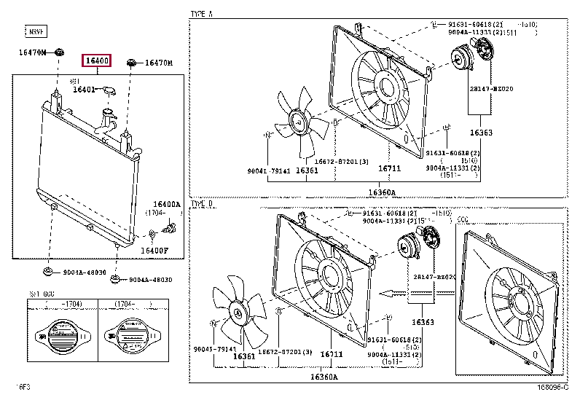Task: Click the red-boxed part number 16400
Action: click(x=96, y=60)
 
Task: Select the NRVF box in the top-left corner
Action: click(x=36, y=31)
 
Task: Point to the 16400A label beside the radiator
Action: click(x=166, y=205)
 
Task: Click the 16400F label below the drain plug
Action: click(x=154, y=251)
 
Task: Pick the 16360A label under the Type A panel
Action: click(x=382, y=192)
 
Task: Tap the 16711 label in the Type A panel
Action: click(x=388, y=169)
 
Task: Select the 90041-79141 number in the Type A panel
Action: click(x=269, y=170)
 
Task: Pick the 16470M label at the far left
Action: click(x=33, y=52)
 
